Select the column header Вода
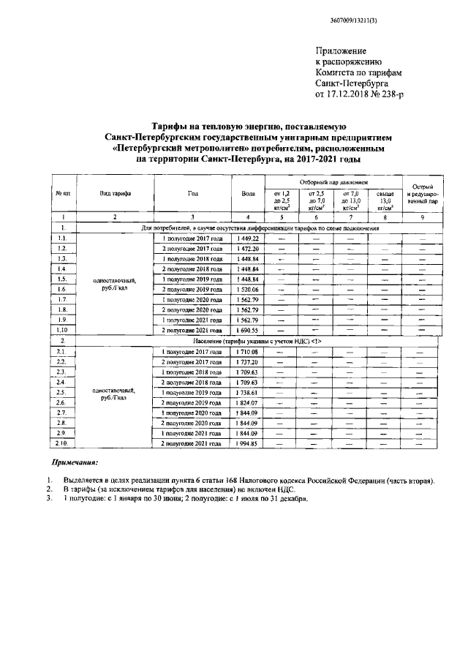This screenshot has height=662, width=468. [248, 193]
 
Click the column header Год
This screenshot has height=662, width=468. [192, 193]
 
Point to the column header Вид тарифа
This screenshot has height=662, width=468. [115, 193]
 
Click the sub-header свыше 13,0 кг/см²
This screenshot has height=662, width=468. [385, 200]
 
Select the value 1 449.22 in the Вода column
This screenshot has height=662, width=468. [248, 238]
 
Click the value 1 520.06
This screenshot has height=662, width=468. [248, 290]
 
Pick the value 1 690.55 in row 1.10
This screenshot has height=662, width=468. [248, 331]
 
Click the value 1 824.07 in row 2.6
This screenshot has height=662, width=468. [248, 403]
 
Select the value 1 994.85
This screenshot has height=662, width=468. [248, 444]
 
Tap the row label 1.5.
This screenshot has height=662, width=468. [63, 279]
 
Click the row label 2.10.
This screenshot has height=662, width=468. [63, 444]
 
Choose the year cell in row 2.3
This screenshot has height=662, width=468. [192, 372]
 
